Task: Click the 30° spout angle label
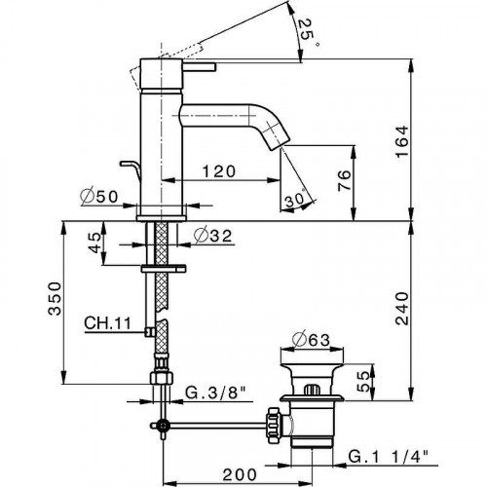tap(299, 200)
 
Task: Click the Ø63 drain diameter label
tap(310, 339)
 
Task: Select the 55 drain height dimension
tap(362, 377)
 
